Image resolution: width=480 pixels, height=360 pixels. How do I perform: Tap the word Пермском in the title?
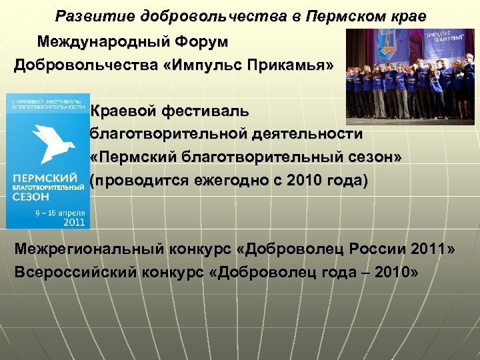337,16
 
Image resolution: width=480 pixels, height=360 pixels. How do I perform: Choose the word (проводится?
137,181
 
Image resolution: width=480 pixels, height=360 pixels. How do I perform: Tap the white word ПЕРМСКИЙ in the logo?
44,179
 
